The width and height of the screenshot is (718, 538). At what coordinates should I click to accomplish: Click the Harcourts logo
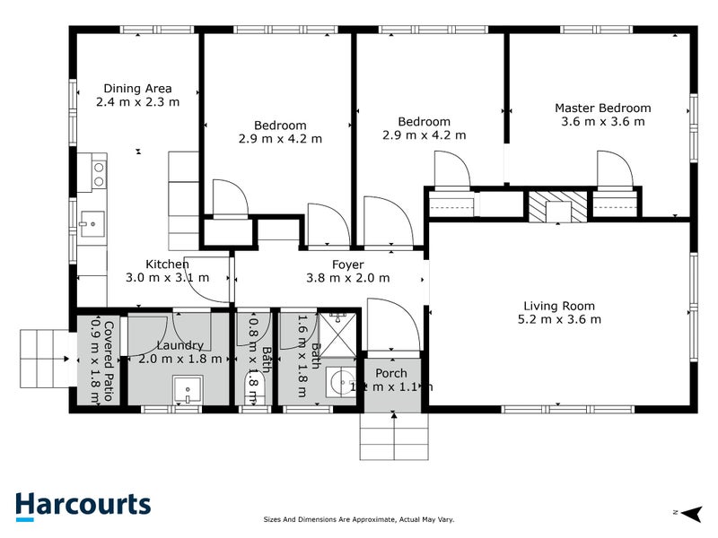coord(83,504)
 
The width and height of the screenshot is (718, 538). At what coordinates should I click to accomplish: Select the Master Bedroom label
coord(602,108)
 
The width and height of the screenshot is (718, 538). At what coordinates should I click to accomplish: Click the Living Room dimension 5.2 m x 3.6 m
coord(559,318)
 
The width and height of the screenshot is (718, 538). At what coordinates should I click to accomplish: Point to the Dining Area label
coord(137,89)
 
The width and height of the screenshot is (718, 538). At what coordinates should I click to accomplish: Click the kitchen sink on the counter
coord(92,220)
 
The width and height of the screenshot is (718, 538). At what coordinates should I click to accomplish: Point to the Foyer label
coord(347,265)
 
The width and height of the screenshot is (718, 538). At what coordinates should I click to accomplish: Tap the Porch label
coord(391,373)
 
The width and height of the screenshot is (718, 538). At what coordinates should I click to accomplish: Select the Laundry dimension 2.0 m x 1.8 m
coord(179,359)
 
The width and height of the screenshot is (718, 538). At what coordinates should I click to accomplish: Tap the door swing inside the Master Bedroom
coord(615,169)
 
